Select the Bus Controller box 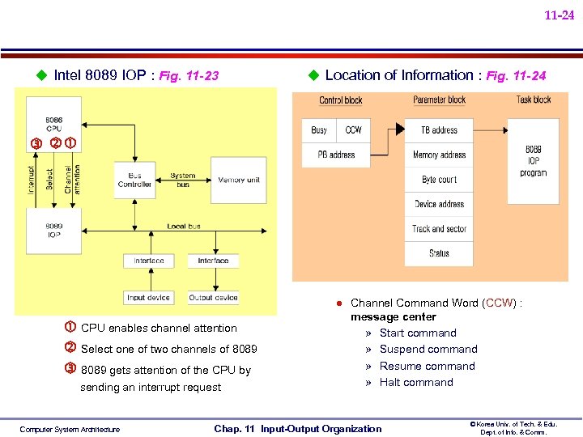[134, 180]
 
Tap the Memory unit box [238, 180]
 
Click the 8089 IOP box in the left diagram [53, 231]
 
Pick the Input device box [148, 297]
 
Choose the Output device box [213, 297]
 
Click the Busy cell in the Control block [319, 130]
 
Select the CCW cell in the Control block [354, 130]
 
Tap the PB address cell [336, 155]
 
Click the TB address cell [439, 130]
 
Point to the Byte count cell [439, 180]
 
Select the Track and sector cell [439, 229]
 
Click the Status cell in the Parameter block [439, 253]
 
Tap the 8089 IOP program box [533, 161]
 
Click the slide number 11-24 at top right [559, 15]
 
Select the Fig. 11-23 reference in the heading [189, 77]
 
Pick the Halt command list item [416, 383]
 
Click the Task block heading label [534, 100]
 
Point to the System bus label [182, 180]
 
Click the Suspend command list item [428, 350]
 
